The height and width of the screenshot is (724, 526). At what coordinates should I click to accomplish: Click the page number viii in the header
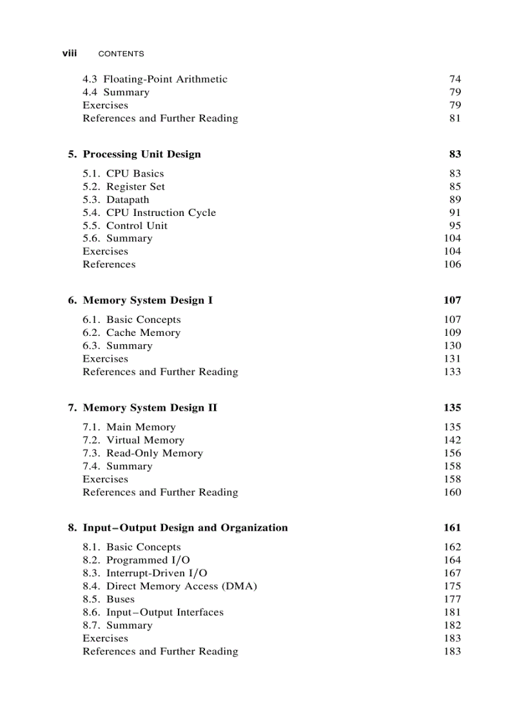(x=69, y=54)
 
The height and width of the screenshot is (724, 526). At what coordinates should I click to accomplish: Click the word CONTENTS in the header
(x=121, y=54)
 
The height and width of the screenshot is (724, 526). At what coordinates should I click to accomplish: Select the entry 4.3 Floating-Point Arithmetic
(x=155, y=79)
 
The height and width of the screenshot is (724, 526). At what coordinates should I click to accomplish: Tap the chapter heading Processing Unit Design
(x=141, y=154)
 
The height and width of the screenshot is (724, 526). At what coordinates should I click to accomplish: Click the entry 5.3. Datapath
(x=115, y=200)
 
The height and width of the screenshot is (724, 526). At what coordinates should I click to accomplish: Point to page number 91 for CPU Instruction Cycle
(x=455, y=213)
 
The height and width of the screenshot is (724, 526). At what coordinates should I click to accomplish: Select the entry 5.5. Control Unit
(x=124, y=226)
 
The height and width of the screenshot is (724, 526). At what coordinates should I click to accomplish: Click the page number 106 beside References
(x=453, y=264)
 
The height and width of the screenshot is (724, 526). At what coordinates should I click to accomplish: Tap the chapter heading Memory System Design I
(x=148, y=300)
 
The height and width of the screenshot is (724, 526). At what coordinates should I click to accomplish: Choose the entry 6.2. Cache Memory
(x=131, y=333)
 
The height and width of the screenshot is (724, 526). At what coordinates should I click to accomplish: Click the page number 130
(x=453, y=346)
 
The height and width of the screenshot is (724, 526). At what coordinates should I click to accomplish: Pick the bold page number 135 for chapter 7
(x=453, y=407)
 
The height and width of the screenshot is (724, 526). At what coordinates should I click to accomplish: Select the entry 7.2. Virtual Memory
(x=133, y=440)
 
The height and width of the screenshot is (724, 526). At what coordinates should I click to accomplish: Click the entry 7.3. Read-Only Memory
(x=142, y=453)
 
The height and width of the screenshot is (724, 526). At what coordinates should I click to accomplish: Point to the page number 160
(x=453, y=492)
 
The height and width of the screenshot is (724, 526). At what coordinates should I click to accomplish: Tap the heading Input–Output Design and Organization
(x=185, y=528)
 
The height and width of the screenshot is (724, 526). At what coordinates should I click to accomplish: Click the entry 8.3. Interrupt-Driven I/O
(x=145, y=573)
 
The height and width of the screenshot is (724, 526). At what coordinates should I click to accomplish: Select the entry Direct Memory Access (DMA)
(x=181, y=586)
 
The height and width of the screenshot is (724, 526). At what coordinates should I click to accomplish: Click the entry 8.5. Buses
(x=108, y=599)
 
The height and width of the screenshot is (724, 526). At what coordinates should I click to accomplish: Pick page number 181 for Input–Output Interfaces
(x=453, y=612)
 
